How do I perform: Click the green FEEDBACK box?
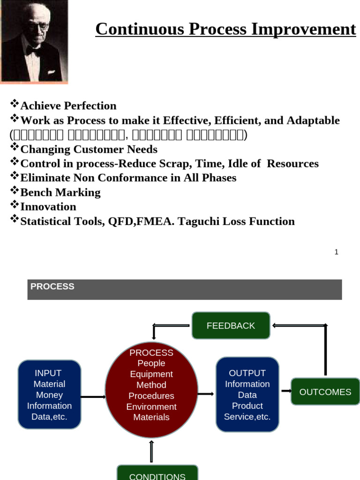click(x=231, y=325)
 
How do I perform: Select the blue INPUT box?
click(x=49, y=395)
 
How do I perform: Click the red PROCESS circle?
click(x=151, y=391)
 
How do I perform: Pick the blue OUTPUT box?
click(x=247, y=395)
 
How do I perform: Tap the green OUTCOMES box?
click(x=325, y=392)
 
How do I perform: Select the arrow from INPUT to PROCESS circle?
click(x=93, y=397)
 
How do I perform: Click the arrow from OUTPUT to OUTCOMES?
click(x=285, y=390)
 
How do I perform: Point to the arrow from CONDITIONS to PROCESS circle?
click(x=151, y=451)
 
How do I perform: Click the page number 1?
click(x=336, y=252)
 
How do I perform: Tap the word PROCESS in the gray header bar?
click(x=52, y=286)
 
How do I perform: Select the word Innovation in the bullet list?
click(x=48, y=207)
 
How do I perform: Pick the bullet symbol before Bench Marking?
click(x=15, y=191)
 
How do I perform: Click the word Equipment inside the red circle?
click(x=151, y=374)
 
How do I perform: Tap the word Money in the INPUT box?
click(x=49, y=395)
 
